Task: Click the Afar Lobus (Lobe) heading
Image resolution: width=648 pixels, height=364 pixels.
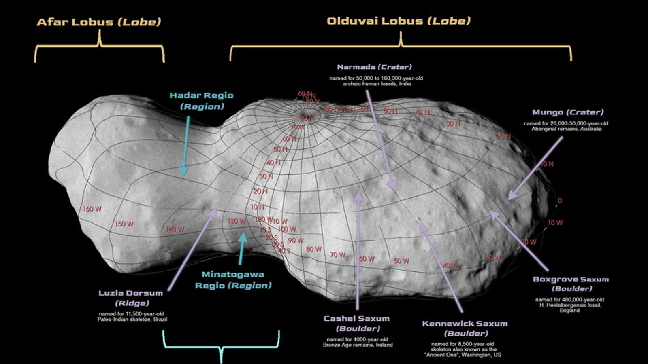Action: (x=99, y=22)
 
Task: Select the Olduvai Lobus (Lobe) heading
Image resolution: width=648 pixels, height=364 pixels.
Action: (x=399, y=21)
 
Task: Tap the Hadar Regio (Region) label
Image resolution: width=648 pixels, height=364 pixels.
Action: (x=201, y=101)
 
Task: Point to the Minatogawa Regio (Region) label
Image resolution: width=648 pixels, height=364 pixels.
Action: (x=233, y=280)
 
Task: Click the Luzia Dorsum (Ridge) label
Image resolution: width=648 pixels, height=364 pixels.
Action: (x=131, y=298)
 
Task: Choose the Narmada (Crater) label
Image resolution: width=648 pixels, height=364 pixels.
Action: (x=374, y=67)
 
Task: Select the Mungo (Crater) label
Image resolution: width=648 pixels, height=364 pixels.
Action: (x=567, y=112)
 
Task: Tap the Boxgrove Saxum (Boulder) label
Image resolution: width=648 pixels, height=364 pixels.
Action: (x=571, y=284)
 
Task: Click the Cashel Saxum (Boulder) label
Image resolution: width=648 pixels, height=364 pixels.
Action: (x=357, y=323)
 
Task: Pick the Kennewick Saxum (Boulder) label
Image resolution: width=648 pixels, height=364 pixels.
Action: (x=465, y=328)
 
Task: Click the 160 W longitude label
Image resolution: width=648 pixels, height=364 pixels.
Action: (x=92, y=209)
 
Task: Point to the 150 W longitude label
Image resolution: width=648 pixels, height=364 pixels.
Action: (x=124, y=224)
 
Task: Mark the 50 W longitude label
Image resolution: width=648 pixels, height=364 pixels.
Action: (x=401, y=261)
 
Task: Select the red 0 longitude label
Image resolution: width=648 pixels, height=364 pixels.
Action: (x=560, y=201)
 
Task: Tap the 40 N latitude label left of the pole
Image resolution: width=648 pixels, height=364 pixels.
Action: (x=273, y=163)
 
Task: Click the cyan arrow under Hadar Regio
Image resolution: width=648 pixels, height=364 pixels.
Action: (x=186, y=146)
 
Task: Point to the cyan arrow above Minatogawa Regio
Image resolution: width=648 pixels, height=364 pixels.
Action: (x=242, y=248)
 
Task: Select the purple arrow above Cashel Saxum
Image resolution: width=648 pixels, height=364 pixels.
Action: (x=358, y=251)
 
